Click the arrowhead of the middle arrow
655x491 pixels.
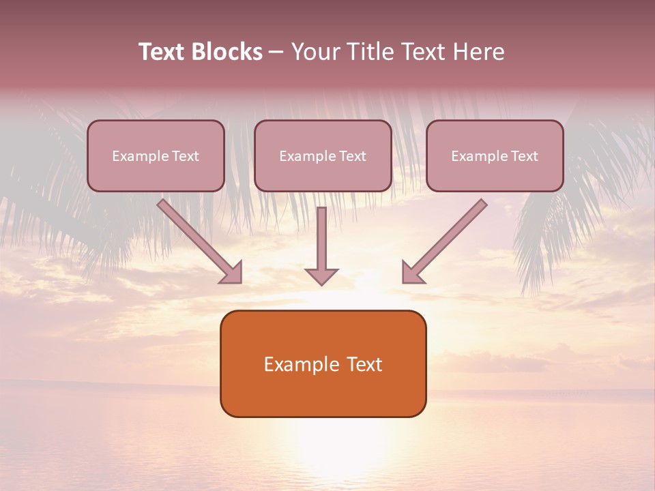click(x=321, y=276)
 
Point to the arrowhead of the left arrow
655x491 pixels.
click(x=232, y=273)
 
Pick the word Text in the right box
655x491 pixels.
click(x=523, y=156)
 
